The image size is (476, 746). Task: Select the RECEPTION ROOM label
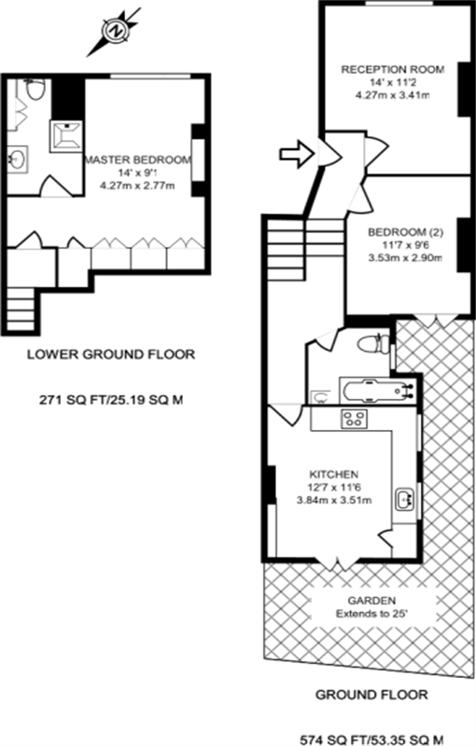point(392,70)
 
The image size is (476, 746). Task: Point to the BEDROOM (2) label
point(405,230)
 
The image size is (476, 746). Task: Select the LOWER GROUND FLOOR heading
point(112,353)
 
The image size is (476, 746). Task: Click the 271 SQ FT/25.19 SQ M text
point(112,399)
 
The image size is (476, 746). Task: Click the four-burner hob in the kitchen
point(356,419)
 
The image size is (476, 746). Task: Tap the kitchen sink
point(404,500)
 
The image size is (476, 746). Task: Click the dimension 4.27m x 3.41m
point(392,95)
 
